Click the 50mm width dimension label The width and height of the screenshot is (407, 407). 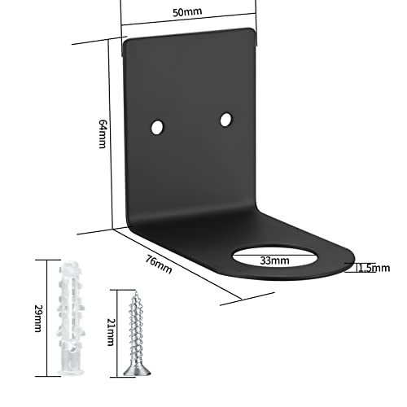[187, 12]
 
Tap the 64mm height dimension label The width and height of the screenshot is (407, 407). [103, 134]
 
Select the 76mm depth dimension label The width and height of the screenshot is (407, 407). [159, 265]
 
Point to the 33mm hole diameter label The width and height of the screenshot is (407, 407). [274, 260]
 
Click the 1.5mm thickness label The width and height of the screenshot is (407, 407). [374, 268]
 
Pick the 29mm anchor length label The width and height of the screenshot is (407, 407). [38, 318]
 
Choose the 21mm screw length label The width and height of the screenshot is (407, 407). [111, 332]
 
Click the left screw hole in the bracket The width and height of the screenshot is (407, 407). [157, 127]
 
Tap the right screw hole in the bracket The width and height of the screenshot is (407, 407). [226, 120]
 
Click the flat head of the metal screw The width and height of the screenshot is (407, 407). [138, 371]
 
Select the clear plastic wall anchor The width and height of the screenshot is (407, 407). [71, 317]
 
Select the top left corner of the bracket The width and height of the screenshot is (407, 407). [125, 42]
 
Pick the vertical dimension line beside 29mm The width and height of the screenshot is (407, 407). [47, 318]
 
